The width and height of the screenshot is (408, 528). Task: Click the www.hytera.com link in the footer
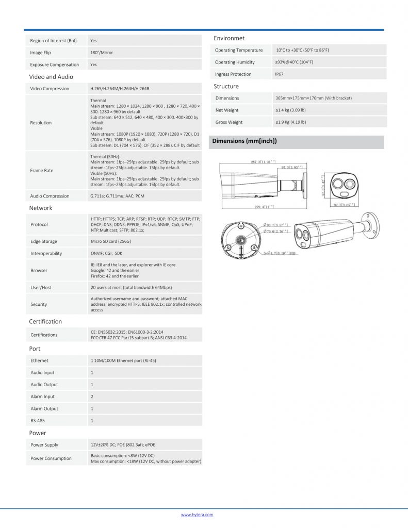point(197,515)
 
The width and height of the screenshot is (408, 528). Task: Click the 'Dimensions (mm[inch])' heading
point(244,141)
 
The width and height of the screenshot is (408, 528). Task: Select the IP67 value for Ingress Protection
point(279,74)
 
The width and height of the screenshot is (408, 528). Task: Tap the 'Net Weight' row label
point(227,110)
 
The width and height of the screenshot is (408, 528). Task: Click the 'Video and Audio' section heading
point(51,77)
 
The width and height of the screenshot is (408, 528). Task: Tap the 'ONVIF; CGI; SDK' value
point(107,253)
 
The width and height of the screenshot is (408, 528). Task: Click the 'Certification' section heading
point(45,321)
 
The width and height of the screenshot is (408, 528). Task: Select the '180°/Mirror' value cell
point(102,53)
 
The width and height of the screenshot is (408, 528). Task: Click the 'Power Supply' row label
point(44,444)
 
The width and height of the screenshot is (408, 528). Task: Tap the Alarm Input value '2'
point(92,397)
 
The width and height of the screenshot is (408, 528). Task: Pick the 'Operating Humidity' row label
point(235,62)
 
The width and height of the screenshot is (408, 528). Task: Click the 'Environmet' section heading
point(229,38)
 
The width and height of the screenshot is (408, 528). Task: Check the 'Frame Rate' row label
point(42,170)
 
